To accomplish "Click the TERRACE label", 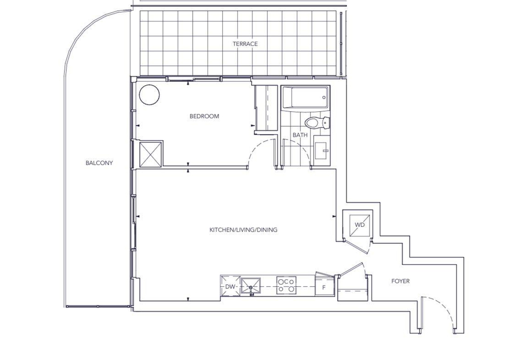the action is [245, 44].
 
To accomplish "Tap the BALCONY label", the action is [99, 163].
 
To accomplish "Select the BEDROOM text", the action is [204, 116].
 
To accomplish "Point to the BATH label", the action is [300, 135].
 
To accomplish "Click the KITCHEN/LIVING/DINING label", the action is [243, 229].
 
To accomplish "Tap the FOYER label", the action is [400, 281].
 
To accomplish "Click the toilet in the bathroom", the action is [316, 123].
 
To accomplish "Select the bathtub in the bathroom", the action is [306, 97].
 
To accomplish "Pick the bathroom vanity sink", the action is [322, 151].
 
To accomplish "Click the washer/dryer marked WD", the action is [360, 225].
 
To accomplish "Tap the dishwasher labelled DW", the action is [230, 286].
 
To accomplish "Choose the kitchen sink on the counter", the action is [251, 287].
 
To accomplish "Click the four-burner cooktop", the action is [286, 285].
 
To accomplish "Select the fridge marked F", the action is [324, 286].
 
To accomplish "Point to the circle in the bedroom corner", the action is [149, 95].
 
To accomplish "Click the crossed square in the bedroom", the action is [151, 154].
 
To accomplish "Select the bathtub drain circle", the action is [324, 97].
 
